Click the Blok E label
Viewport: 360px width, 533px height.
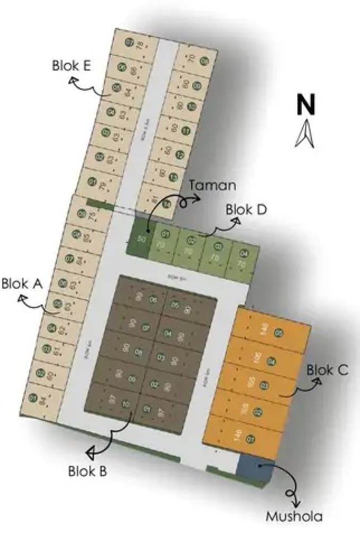pos(72,66)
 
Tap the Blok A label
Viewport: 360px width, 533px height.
pos(22,284)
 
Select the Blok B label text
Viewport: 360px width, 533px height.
pos(88,471)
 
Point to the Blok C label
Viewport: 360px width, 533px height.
pos(328,370)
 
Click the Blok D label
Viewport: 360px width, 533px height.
pos(246,209)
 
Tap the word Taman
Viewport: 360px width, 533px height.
pos(212,185)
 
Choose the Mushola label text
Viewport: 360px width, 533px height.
pos(294,515)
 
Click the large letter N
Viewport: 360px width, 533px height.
pos(306,104)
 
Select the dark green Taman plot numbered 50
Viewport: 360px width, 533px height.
pos(141,239)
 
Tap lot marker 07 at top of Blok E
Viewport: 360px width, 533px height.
pos(128,43)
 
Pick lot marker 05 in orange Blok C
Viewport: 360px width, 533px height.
pos(279,334)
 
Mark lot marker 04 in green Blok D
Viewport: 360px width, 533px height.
pos(243,253)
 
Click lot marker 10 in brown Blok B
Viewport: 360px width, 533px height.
pos(126,403)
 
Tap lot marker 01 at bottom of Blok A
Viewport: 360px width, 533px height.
pos(33,397)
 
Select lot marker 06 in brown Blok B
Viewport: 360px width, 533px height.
pos(153,300)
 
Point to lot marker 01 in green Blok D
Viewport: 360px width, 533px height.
pos(166,234)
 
